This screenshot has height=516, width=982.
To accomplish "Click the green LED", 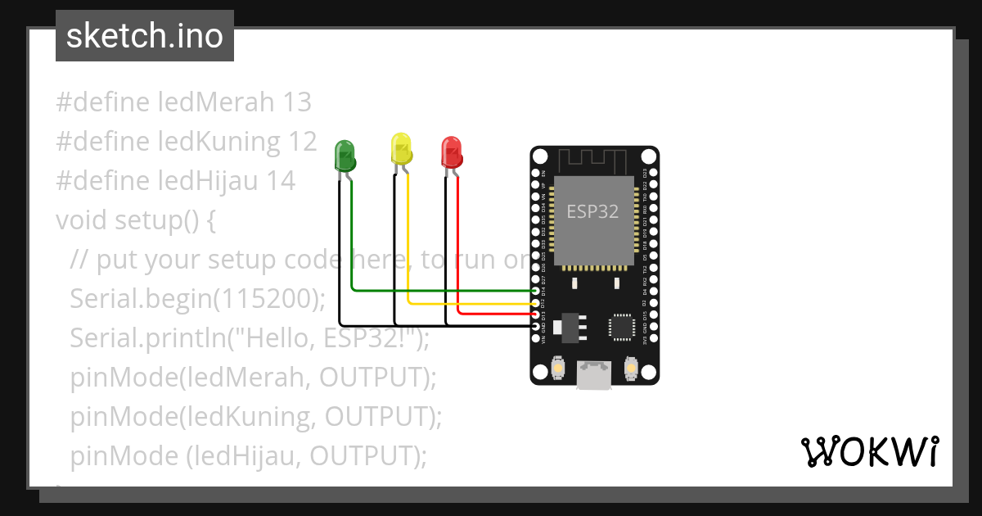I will tap(345, 156).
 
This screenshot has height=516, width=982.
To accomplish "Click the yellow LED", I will tap(401, 148).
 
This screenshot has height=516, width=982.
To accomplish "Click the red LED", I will tap(451, 152).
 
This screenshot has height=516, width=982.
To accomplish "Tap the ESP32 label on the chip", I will tap(592, 211).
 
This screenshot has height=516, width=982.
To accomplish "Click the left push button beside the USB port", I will tap(557, 369).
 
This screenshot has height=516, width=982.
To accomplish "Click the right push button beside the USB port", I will tap(631, 369).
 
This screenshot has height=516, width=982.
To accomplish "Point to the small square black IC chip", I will tap(622, 326).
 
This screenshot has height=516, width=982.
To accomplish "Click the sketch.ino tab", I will tap(145, 36).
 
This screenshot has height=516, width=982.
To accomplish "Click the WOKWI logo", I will tap(868, 452).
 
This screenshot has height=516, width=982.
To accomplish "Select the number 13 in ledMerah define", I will tap(297, 102).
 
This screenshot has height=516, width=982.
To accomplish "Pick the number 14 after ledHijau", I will tap(281, 181).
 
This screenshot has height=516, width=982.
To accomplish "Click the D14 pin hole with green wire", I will tap(538, 291).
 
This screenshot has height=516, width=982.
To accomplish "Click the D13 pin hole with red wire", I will tap(538, 314).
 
